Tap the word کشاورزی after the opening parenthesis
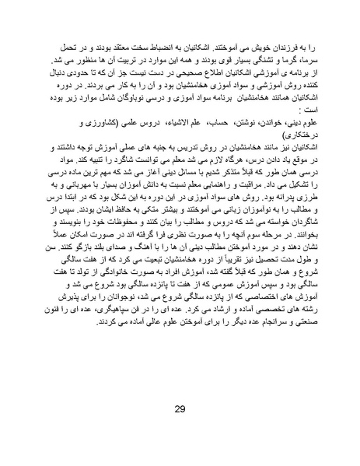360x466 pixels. point(75,122)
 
